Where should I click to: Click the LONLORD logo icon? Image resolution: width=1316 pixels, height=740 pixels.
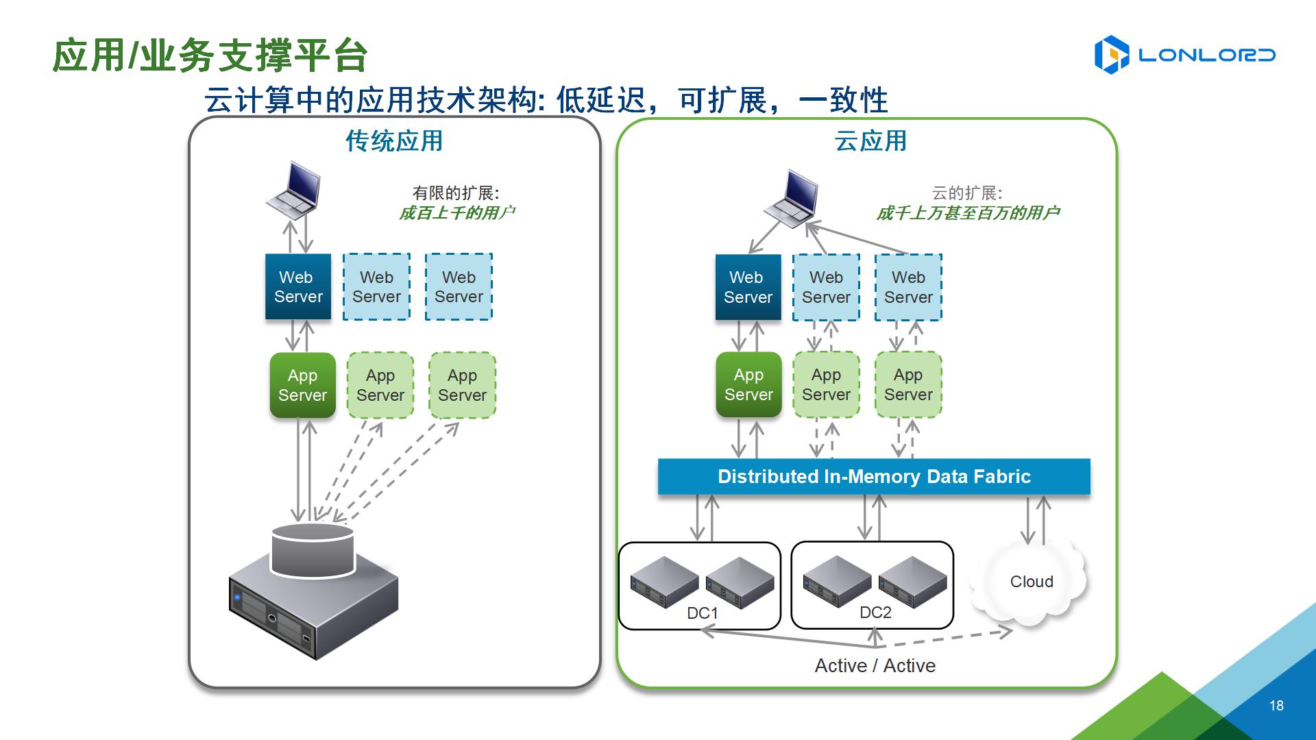[1111, 55]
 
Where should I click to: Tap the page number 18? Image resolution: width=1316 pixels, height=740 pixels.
[1276, 706]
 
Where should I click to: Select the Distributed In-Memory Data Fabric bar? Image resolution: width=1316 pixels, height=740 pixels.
[874, 477]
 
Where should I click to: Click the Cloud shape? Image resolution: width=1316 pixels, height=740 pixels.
[1031, 582]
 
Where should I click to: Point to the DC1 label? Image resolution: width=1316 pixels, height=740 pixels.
[703, 613]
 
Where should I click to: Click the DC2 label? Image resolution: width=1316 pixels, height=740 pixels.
[875, 613]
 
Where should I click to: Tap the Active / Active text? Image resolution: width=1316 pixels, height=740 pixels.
[875, 666]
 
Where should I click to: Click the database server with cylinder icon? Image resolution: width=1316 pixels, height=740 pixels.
[313, 589]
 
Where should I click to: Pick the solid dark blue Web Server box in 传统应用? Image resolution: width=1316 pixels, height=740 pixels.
[298, 287]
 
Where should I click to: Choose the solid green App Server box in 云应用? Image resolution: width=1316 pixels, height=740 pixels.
[748, 385]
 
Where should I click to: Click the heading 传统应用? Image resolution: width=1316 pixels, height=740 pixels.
[394, 141]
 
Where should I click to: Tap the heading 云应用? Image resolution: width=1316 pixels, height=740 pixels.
[870, 141]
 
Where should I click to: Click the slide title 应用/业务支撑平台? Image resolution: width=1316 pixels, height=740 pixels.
[210, 56]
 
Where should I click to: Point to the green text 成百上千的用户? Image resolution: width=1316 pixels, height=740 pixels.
[457, 213]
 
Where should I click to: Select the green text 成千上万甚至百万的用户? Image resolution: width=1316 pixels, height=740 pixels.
[968, 213]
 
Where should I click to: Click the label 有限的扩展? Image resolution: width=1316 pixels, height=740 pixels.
[456, 193]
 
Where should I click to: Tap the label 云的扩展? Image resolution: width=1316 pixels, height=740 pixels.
[966, 193]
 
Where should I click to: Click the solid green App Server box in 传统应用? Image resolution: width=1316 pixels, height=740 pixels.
[302, 386]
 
